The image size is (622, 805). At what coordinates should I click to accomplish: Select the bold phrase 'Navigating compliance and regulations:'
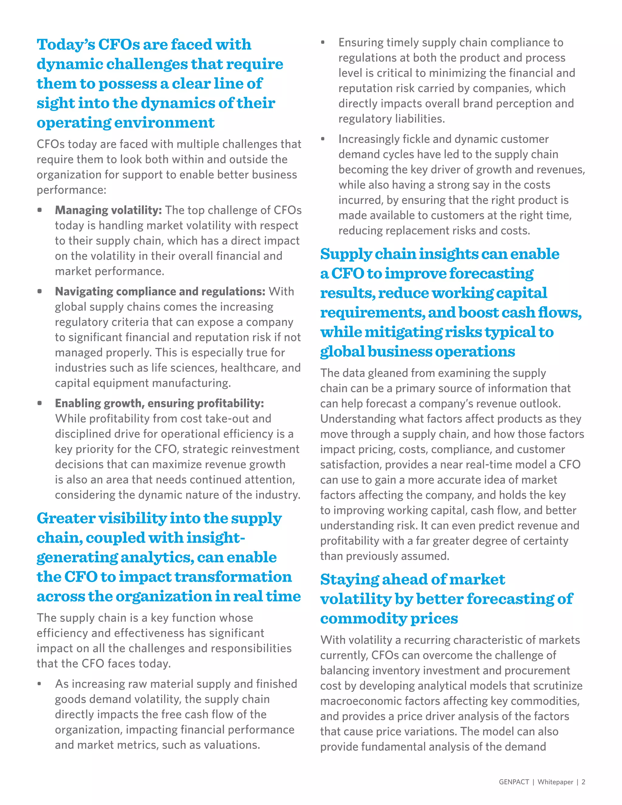tap(160, 292)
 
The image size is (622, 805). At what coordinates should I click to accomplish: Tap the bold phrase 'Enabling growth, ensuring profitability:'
tap(159, 403)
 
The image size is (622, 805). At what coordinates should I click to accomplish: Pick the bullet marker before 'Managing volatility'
tap(39, 210)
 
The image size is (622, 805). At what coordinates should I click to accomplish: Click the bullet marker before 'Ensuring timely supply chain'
tap(323, 43)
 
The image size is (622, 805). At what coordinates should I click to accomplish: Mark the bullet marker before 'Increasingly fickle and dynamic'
tap(323, 139)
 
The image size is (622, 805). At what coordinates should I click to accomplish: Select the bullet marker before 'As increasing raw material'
tap(39, 684)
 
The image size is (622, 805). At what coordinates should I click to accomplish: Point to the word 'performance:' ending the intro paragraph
tap(71, 190)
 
